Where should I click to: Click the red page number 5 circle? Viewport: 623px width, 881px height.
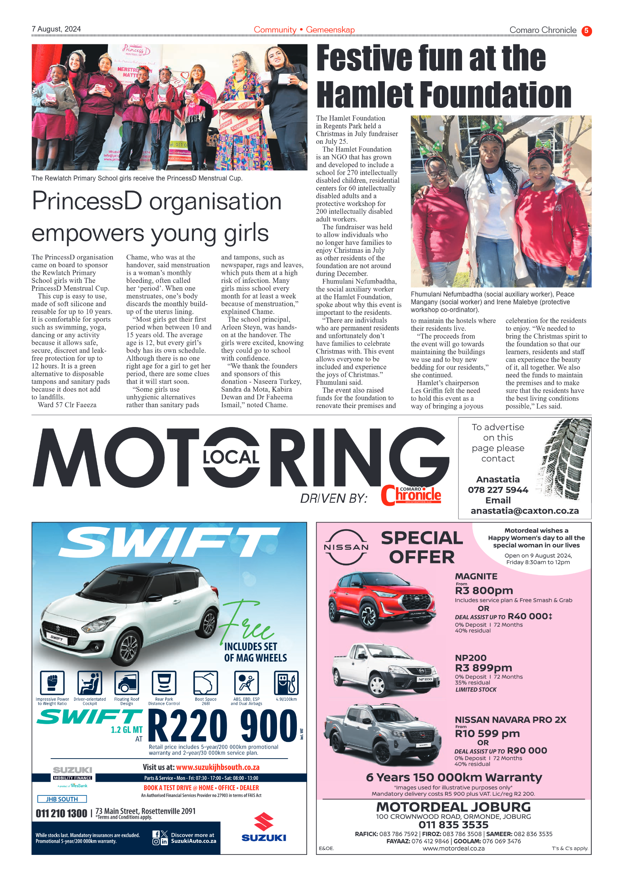586,31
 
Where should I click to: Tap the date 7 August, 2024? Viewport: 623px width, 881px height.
56,29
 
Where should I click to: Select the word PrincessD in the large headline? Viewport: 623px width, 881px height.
87,201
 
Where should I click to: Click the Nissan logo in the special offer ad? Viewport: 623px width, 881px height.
346,547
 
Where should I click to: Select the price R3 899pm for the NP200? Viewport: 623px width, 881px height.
483,668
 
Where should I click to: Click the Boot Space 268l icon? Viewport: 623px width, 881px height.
205,683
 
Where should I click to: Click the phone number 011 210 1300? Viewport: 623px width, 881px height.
61,813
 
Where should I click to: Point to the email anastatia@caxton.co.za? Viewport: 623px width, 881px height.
525,511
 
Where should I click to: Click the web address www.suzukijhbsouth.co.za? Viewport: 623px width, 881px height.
218,767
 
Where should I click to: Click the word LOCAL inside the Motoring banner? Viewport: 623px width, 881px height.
231,457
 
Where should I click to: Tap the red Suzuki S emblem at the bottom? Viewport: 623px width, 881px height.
264,822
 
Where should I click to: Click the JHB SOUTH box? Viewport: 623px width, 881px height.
62,799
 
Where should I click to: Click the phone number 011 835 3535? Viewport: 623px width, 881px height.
453,825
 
